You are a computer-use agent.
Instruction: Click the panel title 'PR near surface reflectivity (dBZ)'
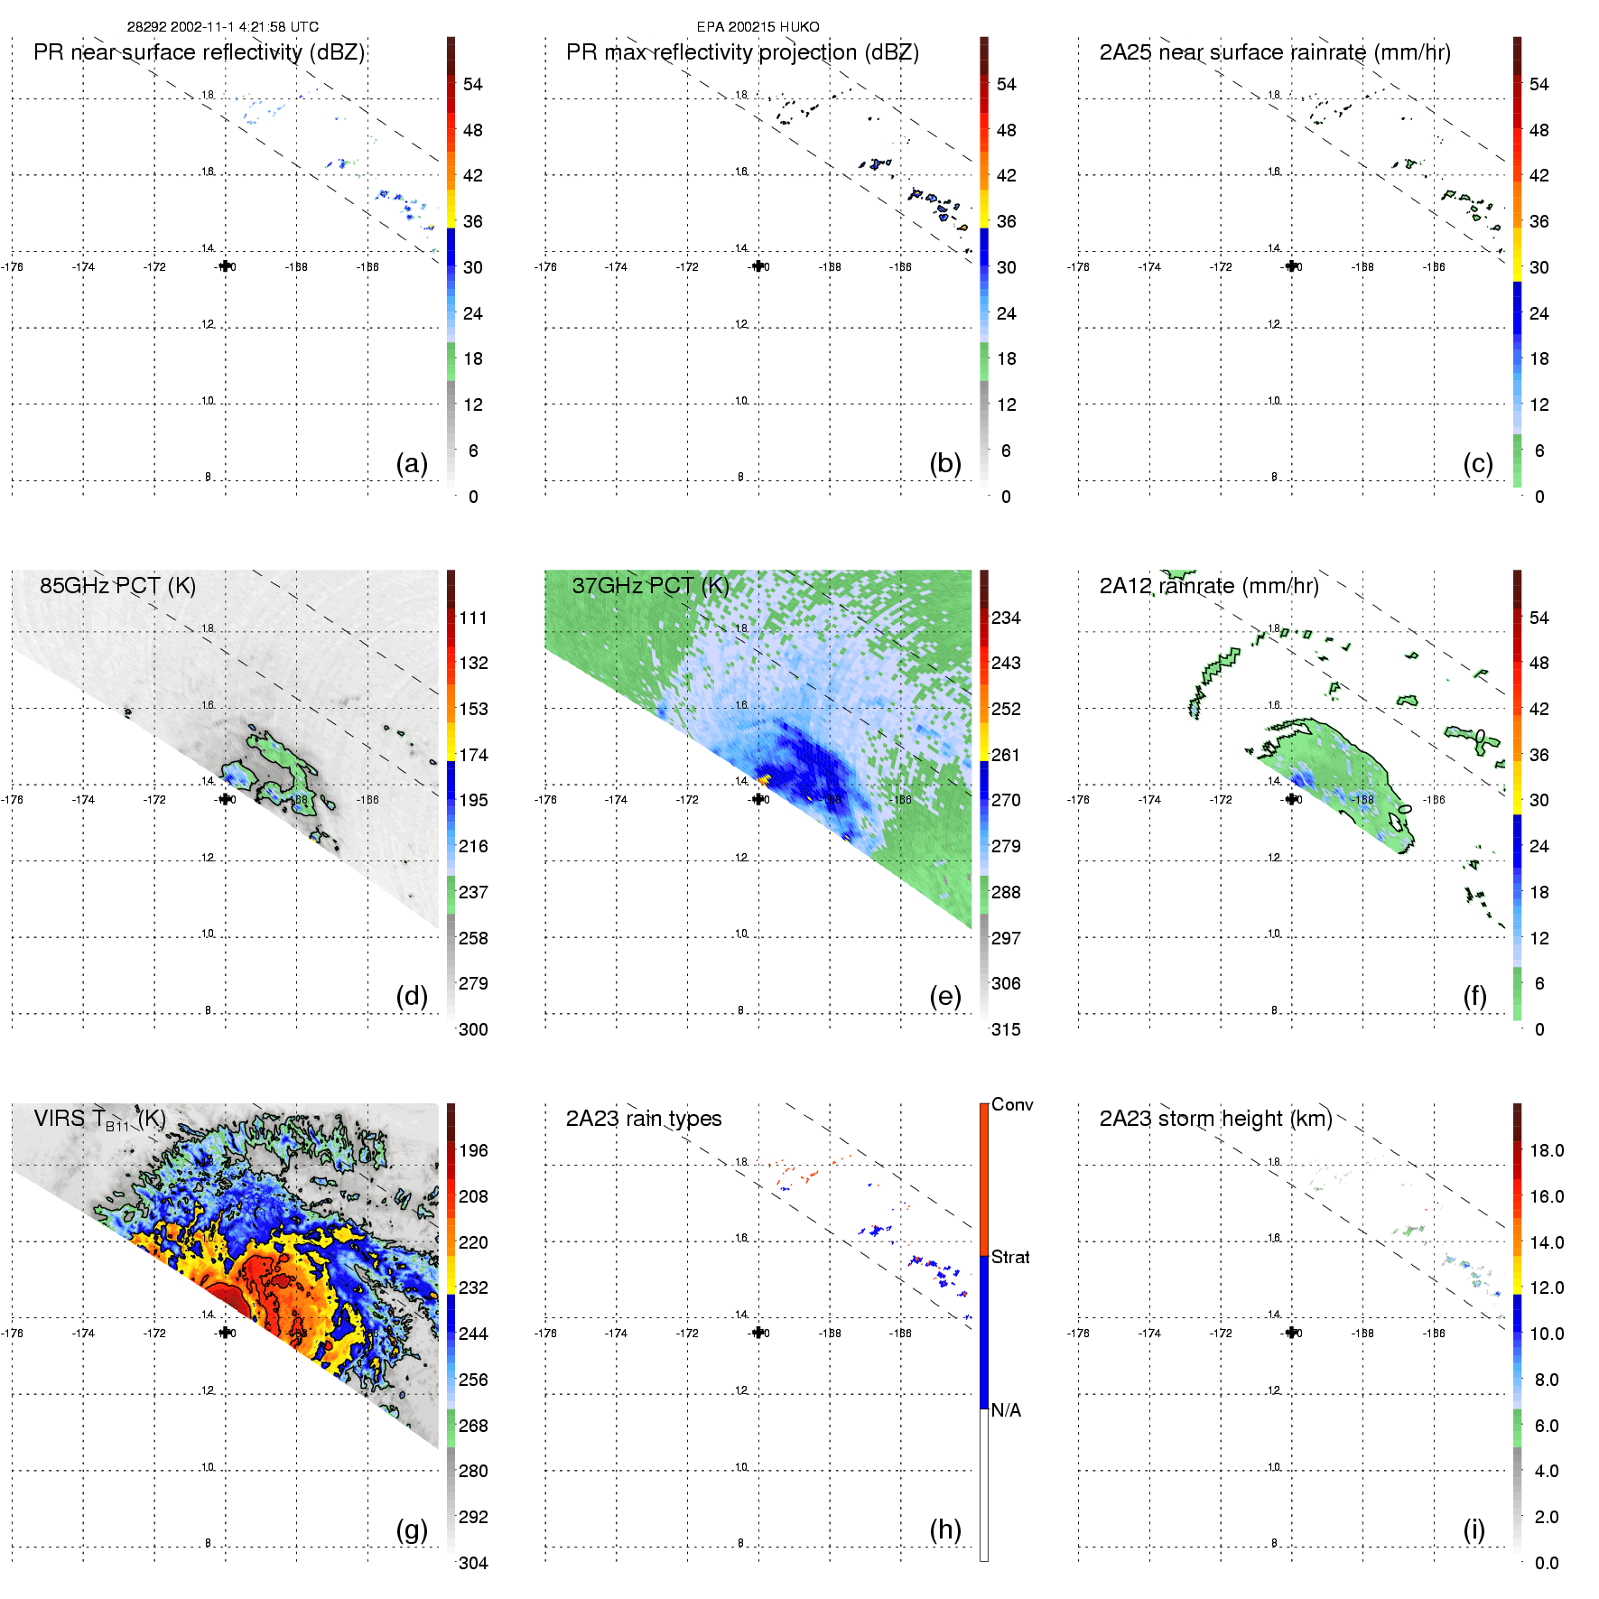(x=199, y=52)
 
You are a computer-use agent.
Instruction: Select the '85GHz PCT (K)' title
(x=117, y=586)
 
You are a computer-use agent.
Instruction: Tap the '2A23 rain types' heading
(x=643, y=1119)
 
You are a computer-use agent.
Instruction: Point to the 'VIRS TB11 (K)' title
(x=99, y=1120)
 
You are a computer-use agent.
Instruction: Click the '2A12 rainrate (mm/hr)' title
(x=1208, y=586)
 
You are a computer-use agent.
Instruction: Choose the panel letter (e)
(x=944, y=997)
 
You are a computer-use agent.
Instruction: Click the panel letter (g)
(x=412, y=1529)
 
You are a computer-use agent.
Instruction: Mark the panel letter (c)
(x=1477, y=464)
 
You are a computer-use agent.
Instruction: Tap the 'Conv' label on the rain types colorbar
(x=1011, y=1105)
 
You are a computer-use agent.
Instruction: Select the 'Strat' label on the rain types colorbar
(x=1010, y=1258)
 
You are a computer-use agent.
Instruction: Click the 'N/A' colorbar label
(x=1006, y=1410)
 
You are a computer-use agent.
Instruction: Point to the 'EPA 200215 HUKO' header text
(x=758, y=27)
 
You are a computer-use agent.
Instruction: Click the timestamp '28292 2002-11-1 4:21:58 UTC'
(x=222, y=27)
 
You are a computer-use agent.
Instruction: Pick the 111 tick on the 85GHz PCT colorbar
(x=473, y=618)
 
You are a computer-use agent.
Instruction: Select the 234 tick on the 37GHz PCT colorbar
(x=1006, y=618)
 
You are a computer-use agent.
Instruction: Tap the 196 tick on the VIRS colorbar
(x=473, y=1151)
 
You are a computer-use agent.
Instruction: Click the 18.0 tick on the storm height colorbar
(x=1546, y=1151)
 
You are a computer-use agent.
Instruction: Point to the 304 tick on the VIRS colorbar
(x=473, y=1563)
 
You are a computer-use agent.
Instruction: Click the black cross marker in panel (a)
(x=225, y=266)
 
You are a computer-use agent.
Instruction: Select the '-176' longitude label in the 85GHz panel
(x=13, y=800)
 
